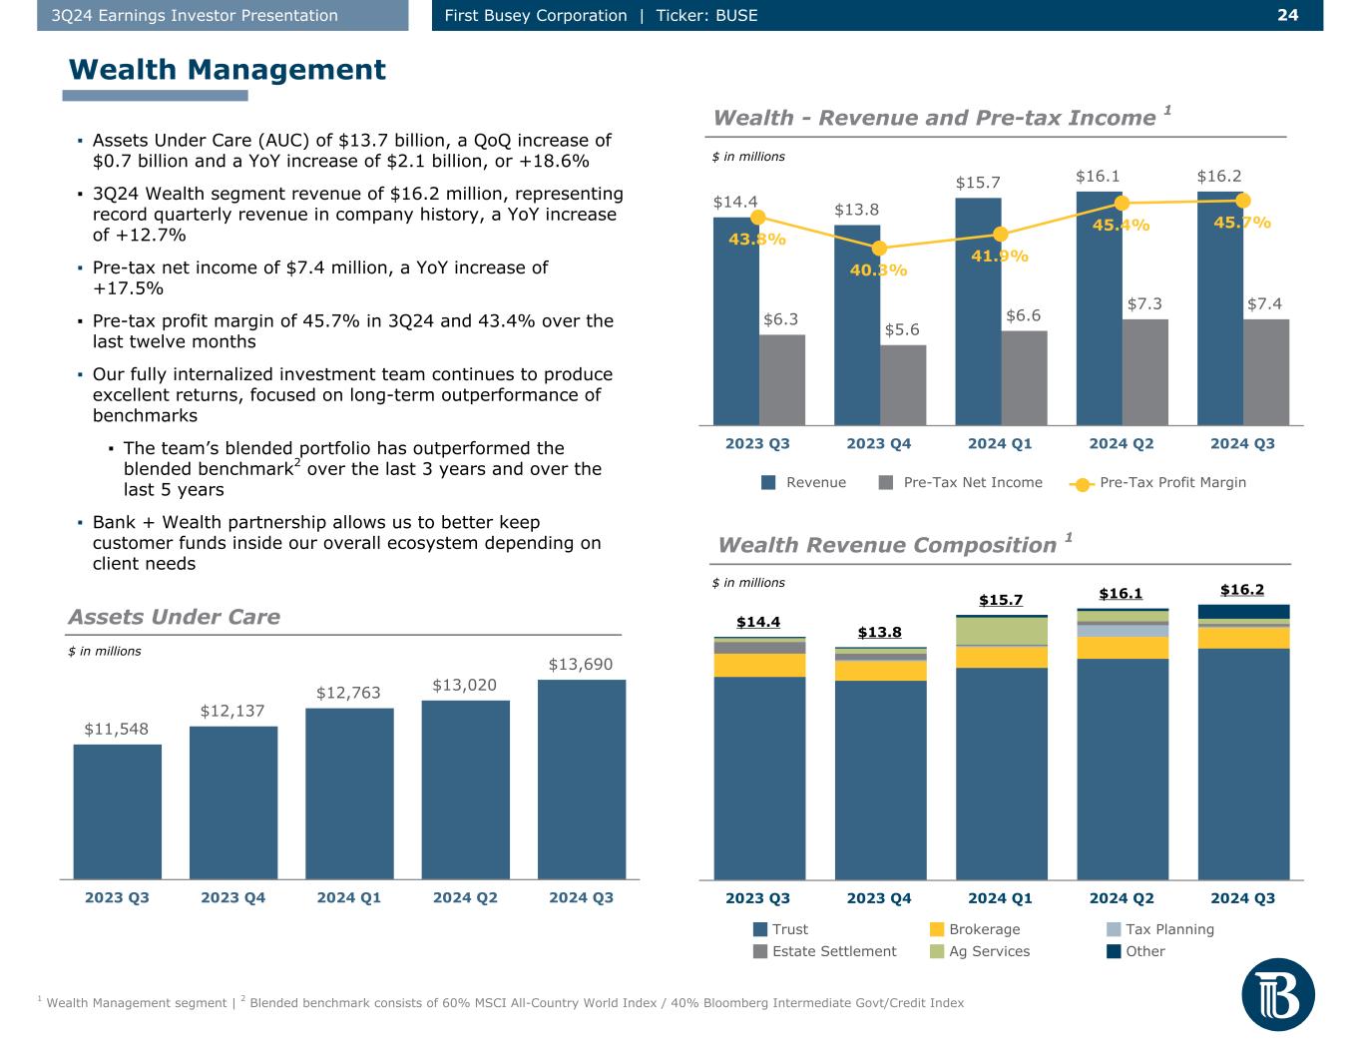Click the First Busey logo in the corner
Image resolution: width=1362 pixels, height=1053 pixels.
tap(1278, 994)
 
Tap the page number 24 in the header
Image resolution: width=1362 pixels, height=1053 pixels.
tap(1287, 15)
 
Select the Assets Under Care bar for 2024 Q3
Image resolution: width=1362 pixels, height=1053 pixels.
tap(582, 779)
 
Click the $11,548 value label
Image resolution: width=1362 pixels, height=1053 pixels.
tap(117, 729)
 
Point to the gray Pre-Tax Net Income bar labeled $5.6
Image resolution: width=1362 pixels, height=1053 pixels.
tap(903, 384)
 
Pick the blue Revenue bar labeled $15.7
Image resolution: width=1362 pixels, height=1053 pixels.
tap(978, 309)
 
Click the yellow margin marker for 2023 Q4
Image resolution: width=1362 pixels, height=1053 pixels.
tap(879, 249)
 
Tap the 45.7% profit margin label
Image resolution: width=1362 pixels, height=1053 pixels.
tap(1242, 223)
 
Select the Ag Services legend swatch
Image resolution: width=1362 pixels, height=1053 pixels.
tap(937, 951)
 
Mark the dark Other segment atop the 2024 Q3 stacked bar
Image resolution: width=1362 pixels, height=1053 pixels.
tap(1243, 611)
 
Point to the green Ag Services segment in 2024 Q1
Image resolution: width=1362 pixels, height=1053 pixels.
tap(1001, 631)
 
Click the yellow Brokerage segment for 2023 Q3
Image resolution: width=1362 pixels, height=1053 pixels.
tap(759, 665)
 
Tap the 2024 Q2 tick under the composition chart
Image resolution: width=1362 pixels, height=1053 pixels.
tap(1122, 897)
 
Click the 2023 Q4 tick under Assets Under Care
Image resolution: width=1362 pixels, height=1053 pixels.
tap(232, 897)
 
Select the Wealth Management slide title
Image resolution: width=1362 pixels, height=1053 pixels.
tap(227, 69)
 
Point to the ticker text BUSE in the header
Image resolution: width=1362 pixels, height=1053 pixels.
tap(736, 15)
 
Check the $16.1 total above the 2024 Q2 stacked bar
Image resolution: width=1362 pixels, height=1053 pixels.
tap(1121, 593)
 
